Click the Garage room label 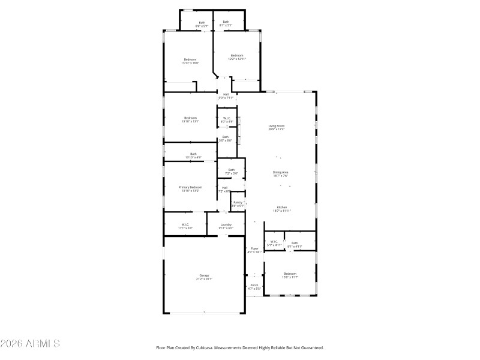click(x=204, y=277)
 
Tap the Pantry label click(x=238, y=203)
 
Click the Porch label click(x=254, y=286)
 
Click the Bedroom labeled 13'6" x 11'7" click(x=290, y=275)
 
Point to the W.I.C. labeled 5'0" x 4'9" click(x=227, y=119)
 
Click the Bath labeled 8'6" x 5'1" click(x=202, y=24)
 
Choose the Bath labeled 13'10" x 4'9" click(x=193, y=155)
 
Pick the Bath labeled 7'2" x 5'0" click(x=232, y=171)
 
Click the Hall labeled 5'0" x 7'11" click(x=226, y=96)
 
